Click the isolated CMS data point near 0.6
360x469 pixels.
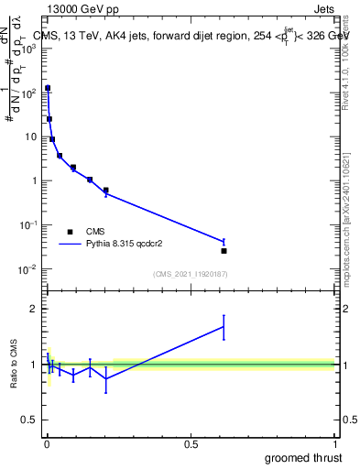[x=224, y=250]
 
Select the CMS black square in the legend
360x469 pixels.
[x=70, y=232]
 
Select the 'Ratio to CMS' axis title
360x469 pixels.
[x=15, y=364]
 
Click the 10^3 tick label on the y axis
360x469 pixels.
[x=28, y=48]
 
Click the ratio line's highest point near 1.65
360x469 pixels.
[x=224, y=327]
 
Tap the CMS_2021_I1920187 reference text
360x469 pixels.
[x=191, y=275]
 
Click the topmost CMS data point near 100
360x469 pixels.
[x=48, y=89]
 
